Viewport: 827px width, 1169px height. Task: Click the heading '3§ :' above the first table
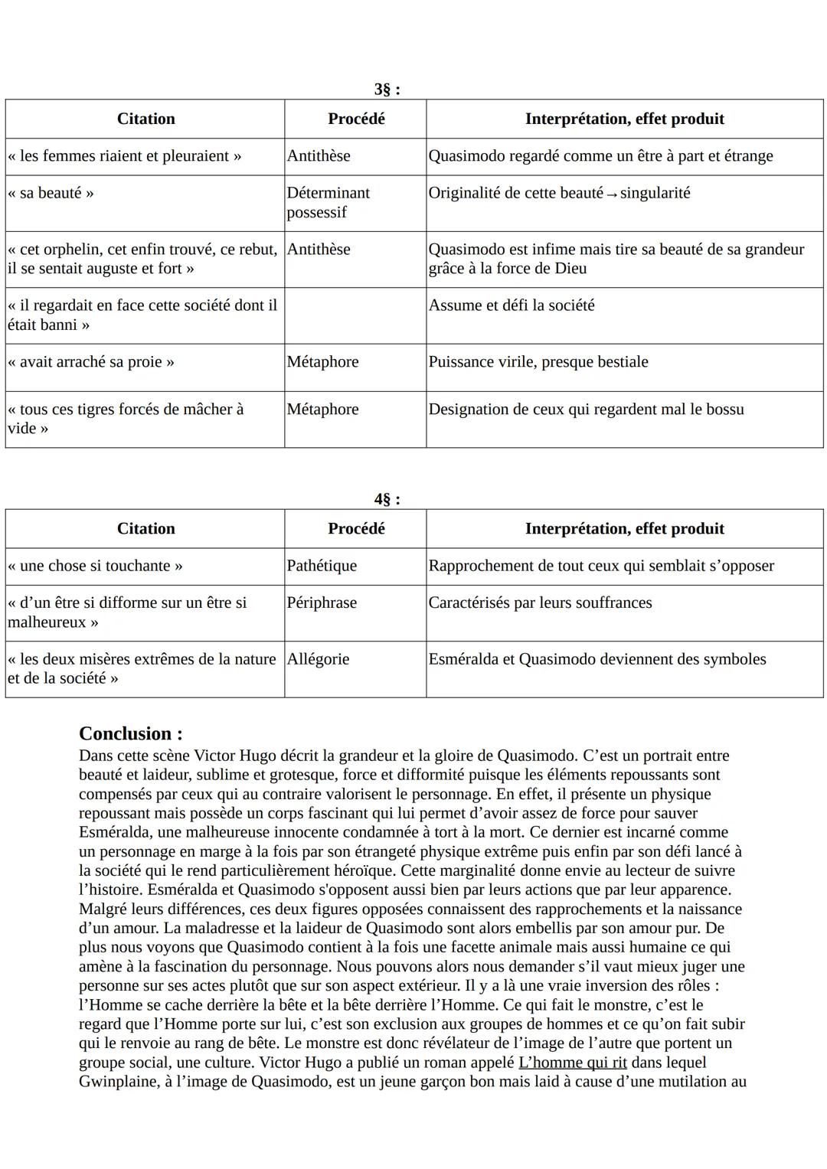tap(387, 90)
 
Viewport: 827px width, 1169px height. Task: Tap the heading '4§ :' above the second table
tap(387, 500)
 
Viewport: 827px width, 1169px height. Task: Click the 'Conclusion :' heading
tap(130, 733)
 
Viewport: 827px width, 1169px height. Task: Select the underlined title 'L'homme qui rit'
tap(572, 1063)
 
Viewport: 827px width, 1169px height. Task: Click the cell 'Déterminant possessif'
tap(328, 203)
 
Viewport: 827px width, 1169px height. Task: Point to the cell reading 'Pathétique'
tap(322, 566)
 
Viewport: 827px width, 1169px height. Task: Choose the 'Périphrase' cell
tap(322, 603)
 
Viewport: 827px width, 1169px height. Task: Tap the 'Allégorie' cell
tap(318, 659)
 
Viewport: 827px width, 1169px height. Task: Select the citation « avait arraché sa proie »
tap(90, 362)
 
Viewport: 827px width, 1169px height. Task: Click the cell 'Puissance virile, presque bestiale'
tap(538, 362)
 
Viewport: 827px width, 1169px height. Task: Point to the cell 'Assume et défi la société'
tap(511, 305)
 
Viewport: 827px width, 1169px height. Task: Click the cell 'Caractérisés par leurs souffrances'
tap(540, 603)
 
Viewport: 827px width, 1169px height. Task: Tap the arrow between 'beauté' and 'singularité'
tap(611, 194)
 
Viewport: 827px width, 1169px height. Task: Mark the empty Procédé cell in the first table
tap(355, 315)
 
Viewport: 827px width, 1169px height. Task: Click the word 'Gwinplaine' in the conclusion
tap(118, 1082)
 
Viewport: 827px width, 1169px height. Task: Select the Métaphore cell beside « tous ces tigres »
tap(322, 410)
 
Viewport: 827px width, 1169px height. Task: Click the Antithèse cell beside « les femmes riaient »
tap(319, 156)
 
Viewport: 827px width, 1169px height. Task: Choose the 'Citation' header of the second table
tap(145, 529)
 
